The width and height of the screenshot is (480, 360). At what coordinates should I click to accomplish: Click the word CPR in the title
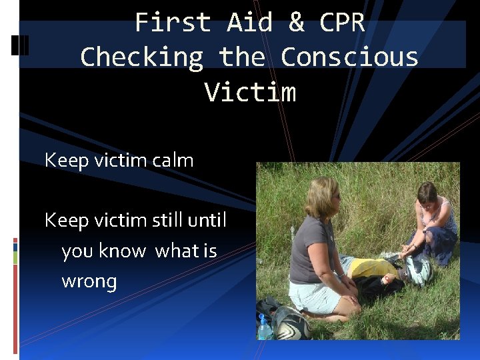tap(342, 23)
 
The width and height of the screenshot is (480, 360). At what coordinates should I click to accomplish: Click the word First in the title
tap(173, 23)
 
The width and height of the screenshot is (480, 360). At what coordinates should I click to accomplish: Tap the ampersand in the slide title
tap(296, 23)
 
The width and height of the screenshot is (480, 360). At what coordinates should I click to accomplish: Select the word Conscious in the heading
tap(349, 57)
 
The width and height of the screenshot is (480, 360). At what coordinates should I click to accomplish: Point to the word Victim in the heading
tap(250, 91)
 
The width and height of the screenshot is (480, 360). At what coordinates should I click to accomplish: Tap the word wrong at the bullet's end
tap(89, 281)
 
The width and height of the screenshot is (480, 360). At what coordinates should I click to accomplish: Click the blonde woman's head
tap(324, 197)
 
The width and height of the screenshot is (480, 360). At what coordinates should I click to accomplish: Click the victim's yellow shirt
tap(373, 268)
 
